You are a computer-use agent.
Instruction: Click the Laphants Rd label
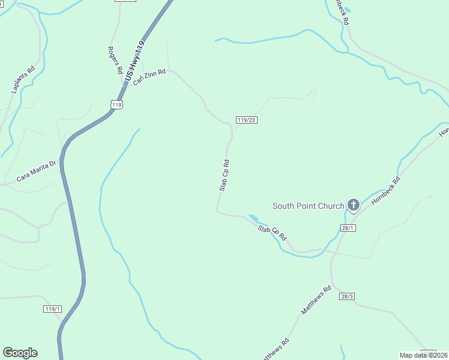coord(23,79)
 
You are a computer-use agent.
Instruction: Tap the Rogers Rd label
coord(115,60)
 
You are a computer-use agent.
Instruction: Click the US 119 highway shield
coord(116,104)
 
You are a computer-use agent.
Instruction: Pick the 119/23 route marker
coord(246,120)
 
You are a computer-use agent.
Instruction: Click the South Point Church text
coord(309,206)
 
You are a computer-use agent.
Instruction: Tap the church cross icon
coord(354,206)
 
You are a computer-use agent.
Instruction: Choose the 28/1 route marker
coord(348,228)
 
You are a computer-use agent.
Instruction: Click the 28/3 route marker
coord(347,296)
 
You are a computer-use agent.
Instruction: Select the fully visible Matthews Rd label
coord(316,301)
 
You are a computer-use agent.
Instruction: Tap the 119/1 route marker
coord(53,309)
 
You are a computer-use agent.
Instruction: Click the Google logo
coord(20,353)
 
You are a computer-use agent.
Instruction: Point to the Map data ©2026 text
coord(424,355)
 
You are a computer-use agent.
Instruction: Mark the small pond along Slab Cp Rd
coord(253,218)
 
